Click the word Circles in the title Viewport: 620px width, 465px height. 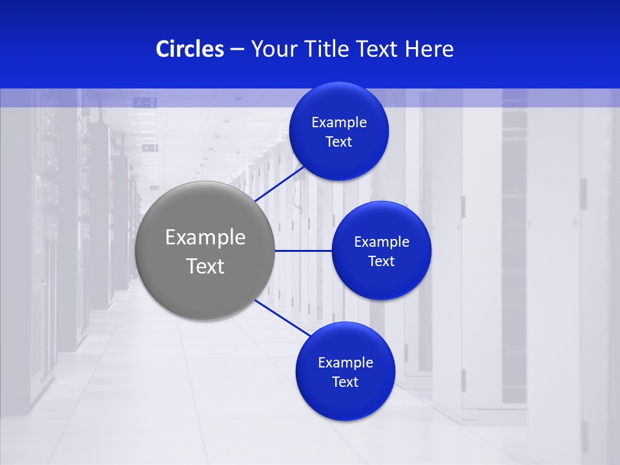point(190,49)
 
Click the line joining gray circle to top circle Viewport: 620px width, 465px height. point(280,183)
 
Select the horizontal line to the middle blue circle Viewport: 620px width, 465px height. point(303,251)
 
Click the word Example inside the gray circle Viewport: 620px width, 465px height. point(205,238)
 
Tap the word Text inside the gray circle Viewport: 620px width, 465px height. point(205,266)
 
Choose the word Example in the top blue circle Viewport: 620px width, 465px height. point(339,123)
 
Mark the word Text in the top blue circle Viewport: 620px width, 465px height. point(339,142)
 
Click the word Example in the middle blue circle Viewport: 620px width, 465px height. point(382,242)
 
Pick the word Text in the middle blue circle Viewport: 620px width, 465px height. point(382,262)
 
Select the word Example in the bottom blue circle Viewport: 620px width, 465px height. point(346,363)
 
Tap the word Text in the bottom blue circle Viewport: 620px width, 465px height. point(346,382)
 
